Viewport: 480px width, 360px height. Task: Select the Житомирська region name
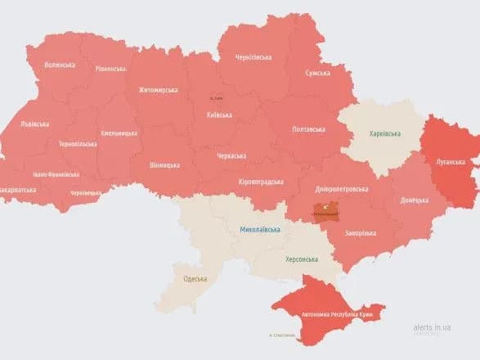coord(159,89)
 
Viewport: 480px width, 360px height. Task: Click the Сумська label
coord(317,74)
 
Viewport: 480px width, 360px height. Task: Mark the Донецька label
coord(412,199)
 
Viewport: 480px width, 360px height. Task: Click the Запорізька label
coord(361,232)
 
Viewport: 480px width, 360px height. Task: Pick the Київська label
coord(219,115)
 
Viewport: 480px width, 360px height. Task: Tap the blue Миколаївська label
coord(260,230)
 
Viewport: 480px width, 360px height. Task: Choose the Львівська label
coord(34,124)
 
